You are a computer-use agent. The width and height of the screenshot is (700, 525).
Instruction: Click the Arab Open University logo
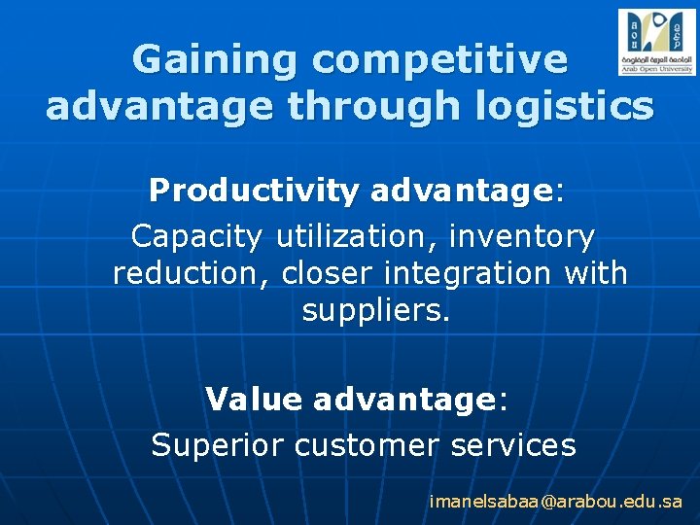pos(656,42)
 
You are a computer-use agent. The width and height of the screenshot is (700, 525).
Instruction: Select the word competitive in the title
pos(439,60)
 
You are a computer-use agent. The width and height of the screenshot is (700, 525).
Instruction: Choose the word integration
pos(468,273)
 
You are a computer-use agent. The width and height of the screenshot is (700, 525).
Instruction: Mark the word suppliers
pos(376,311)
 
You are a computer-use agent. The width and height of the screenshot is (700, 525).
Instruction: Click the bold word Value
pos(254,399)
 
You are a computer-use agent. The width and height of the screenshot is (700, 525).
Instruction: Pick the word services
pos(514,445)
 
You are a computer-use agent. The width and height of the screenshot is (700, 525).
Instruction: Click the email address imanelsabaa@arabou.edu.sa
pos(556,502)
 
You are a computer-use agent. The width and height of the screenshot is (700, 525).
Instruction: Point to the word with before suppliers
pos(595,273)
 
